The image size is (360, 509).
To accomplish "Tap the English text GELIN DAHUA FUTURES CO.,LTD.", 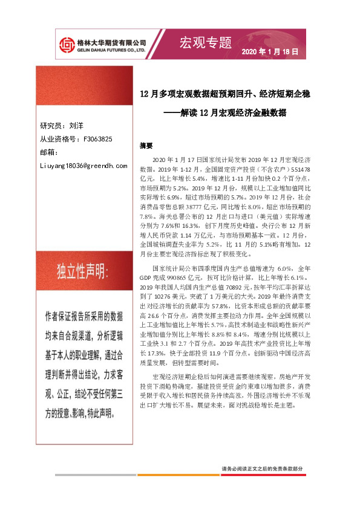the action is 111,50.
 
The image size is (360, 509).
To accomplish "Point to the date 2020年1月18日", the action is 270,52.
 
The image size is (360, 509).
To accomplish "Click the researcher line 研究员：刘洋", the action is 62,126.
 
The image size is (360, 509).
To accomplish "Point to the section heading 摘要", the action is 146,146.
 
